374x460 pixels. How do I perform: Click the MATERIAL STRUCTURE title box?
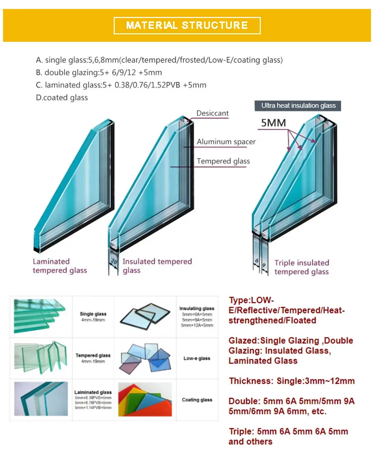(x=187, y=25)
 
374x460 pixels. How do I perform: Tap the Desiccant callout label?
(x=212, y=114)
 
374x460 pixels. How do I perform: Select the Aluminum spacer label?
(x=226, y=142)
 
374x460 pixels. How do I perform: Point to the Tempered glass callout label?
(x=223, y=161)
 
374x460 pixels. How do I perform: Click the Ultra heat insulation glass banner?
(x=299, y=106)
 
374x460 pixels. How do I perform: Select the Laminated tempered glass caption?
(x=59, y=266)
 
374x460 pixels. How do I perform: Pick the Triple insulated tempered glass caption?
(x=301, y=267)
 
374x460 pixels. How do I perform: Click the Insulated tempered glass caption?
(x=157, y=266)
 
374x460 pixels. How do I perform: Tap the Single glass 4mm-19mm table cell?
(x=93, y=317)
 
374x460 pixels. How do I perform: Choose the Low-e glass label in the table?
(x=197, y=358)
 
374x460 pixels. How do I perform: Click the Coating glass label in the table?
(x=197, y=400)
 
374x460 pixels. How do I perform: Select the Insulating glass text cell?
(x=197, y=317)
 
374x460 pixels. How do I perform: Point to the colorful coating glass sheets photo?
(x=145, y=399)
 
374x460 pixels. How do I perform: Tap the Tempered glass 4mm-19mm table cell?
(x=93, y=358)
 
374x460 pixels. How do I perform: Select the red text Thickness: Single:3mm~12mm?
(x=292, y=381)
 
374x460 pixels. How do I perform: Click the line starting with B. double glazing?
(x=99, y=73)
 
